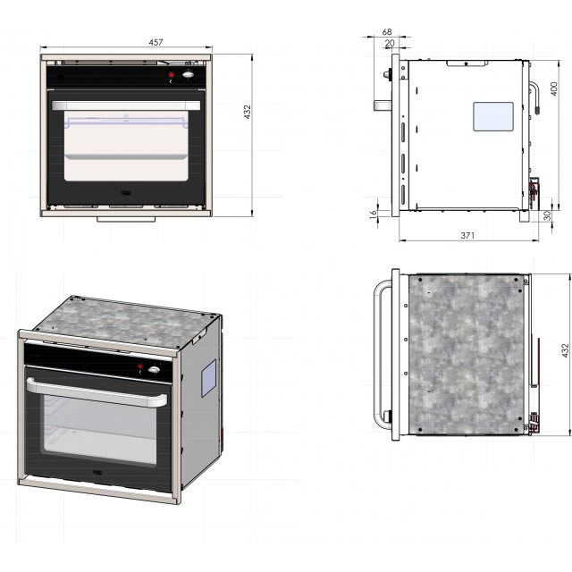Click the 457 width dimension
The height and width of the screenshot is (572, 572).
point(126,41)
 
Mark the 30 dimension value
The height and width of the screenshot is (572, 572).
point(546,214)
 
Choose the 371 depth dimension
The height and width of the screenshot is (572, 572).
point(467,235)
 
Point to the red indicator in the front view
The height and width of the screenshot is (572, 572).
point(171,75)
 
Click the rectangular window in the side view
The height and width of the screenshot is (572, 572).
point(492,115)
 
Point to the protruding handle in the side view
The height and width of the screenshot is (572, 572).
point(384,104)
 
